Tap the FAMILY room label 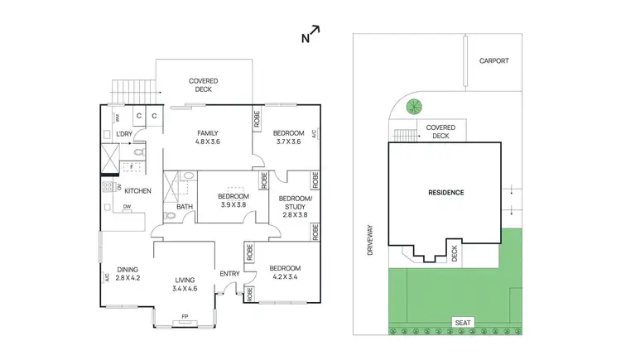[x=206, y=132]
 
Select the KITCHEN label [x=136, y=191]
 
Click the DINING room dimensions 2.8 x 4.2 [x=127, y=279]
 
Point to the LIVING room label [x=185, y=279]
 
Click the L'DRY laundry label [x=124, y=134]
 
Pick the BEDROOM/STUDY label [x=294, y=199]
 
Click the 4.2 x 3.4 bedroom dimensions [x=284, y=278]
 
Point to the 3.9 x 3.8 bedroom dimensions [x=233, y=204]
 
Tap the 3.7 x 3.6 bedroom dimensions [x=289, y=142]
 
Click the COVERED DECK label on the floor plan [x=203, y=85]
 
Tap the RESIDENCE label [x=445, y=192]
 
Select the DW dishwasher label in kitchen [x=126, y=207]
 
